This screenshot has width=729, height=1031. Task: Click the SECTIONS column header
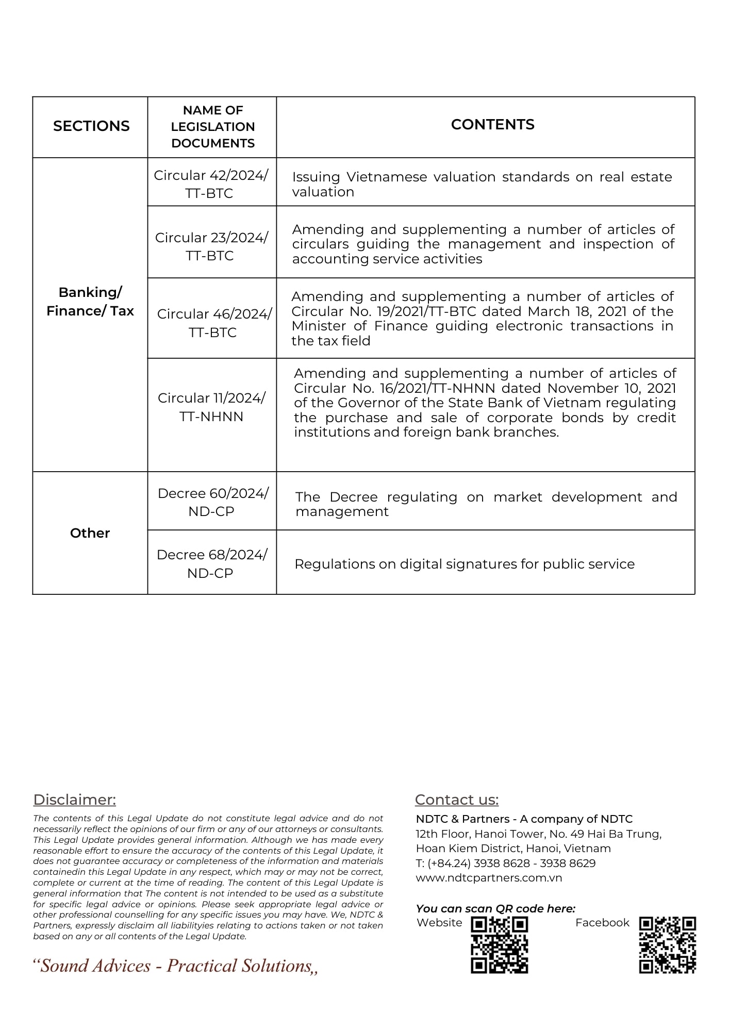click(x=91, y=126)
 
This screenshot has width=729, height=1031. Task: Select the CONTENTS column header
click(x=492, y=125)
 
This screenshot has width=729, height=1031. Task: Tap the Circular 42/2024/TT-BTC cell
click(x=211, y=184)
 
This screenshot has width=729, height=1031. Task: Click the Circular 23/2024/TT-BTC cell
click(x=211, y=246)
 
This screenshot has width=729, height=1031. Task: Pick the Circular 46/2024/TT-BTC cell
click(x=213, y=323)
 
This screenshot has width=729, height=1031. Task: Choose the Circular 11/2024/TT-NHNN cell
click(x=211, y=407)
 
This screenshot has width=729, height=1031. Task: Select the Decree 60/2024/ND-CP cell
click(x=212, y=502)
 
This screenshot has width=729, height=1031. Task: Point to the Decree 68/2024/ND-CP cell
click(x=211, y=563)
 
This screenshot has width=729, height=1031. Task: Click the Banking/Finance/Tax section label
click(x=90, y=302)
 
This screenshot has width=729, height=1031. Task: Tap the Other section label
click(x=90, y=533)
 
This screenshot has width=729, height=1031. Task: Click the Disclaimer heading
click(x=75, y=800)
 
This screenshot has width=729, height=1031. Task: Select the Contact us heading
click(x=457, y=800)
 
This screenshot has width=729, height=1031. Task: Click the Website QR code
click(x=499, y=944)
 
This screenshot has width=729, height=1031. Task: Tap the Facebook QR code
click(x=667, y=944)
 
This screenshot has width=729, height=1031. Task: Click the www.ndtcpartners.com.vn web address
click(x=489, y=877)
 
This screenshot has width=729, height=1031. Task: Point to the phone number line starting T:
click(x=505, y=863)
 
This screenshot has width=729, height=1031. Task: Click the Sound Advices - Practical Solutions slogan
click(x=175, y=966)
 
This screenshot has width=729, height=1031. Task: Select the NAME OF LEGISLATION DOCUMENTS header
click(x=213, y=127)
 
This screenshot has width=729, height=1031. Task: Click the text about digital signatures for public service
click(x=464, y=564)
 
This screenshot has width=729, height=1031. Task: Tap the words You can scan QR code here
click(x=495, y=908)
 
